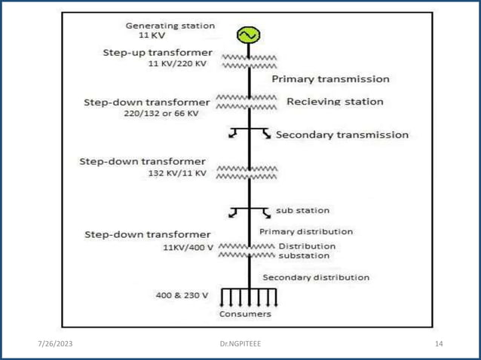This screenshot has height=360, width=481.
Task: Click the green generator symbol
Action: (x=247, y=35)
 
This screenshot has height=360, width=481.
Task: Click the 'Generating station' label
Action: (x=170, y=25)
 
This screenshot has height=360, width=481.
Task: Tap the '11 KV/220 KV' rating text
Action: (x=177, y=64)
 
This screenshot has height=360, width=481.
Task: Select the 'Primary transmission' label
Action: (x=330, y=78)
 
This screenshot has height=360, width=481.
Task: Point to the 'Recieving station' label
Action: (x=335, y=101)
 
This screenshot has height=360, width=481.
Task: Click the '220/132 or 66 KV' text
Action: (x=161, y=113)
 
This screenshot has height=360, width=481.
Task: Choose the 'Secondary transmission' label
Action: (x=342, y=136)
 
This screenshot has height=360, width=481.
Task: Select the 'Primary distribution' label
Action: (x=306, y=231)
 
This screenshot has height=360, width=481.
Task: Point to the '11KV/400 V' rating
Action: (x=187, y=247)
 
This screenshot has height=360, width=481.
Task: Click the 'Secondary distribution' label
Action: (x=316, y=277)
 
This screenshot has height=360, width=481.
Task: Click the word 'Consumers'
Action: (x=245, y=313)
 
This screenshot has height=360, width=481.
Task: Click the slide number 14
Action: (x=440, y=343)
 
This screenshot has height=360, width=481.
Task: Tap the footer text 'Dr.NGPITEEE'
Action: (x=240, y=343)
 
